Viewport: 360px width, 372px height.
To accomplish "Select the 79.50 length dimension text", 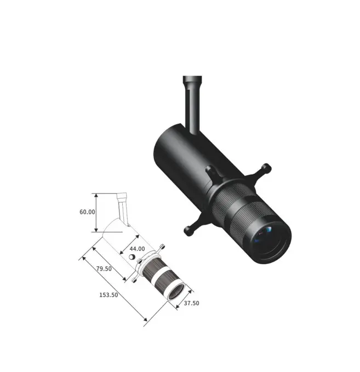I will [x=104, y=268].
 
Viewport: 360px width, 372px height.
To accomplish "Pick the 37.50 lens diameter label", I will [x=191, y=303].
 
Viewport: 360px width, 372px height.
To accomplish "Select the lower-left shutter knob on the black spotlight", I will [x=189, y=230].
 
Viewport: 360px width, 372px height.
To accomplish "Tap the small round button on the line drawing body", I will [x=131, y=257].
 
